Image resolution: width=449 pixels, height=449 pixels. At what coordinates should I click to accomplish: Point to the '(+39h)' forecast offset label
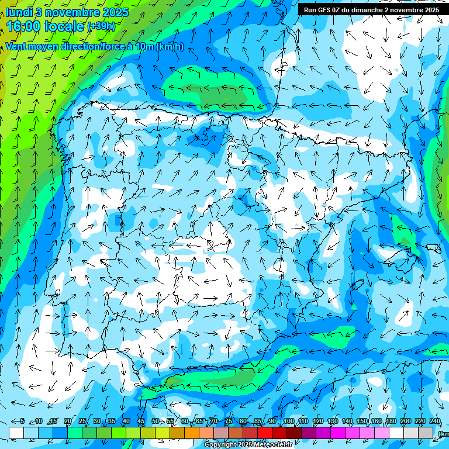pyautogui.click(x=101, y=26)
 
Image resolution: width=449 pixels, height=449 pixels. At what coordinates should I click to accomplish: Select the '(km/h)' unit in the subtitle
pyautogui.click(x=171, y=46)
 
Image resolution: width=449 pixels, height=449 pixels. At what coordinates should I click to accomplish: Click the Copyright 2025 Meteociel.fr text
pyautogui.click(x=248, y=445)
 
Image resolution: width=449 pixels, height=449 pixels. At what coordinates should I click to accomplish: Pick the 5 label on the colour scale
pyautogui.click(x=22, y=422)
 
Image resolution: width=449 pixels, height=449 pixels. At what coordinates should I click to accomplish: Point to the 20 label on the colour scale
pyautogui.click(x=67, y=422)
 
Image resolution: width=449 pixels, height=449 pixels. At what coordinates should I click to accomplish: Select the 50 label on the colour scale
pyautogui.click(x=156, y=422)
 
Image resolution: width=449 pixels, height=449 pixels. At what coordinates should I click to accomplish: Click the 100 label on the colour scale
pyautogui.click(x=288, y=422)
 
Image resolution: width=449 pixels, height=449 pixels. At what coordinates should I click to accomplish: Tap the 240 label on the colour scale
pyautogui.click(x=435, y=422)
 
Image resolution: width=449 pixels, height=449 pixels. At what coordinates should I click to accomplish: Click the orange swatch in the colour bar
pyautogui.click(x=192, y=433)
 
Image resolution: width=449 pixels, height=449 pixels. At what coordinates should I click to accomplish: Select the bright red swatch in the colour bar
pyautogui.click(x=265, y=433)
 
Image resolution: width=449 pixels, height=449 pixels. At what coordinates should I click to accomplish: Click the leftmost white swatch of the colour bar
pyautogui.click(x=16, y=433)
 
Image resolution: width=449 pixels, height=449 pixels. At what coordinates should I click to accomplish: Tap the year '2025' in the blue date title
pyautogui.click(x=116, y=12)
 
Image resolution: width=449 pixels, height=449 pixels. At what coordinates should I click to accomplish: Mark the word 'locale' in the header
pyautogui.click(x=66, y=26)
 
